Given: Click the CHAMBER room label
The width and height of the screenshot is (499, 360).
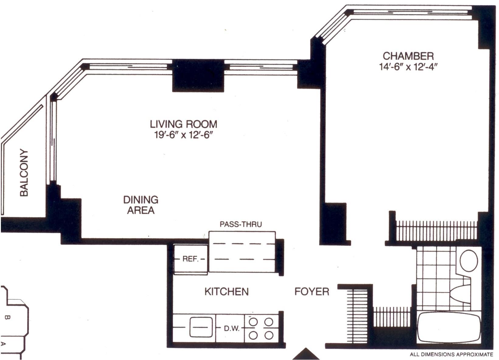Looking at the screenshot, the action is [408, 56].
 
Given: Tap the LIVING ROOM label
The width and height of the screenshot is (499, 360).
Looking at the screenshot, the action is [183, 124].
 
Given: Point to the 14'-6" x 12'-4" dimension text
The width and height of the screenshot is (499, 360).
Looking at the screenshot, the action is [407, 67].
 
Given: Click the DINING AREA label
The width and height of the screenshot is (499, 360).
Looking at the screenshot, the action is [141, 205].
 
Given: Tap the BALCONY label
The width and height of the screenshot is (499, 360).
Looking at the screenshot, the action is [24, 172].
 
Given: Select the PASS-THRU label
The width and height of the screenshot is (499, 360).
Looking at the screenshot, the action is [241, 224].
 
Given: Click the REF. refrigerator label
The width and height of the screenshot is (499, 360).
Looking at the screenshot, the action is [190, 259].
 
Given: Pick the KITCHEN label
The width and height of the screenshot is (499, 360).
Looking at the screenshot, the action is [227, 292].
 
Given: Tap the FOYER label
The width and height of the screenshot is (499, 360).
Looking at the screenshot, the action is [312, 292].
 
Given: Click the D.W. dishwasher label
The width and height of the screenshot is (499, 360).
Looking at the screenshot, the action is [232, 329].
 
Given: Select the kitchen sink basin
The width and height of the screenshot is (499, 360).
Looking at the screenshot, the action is [201, 327].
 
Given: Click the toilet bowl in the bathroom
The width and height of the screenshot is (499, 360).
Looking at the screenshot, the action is [469, 260].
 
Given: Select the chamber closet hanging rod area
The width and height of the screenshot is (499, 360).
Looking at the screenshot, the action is [437, 231].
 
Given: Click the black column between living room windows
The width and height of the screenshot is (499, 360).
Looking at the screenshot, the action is [198, 75].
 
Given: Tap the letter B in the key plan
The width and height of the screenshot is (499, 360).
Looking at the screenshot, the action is [7, 317].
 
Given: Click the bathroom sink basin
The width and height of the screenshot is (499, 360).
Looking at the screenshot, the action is [463, 294].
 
